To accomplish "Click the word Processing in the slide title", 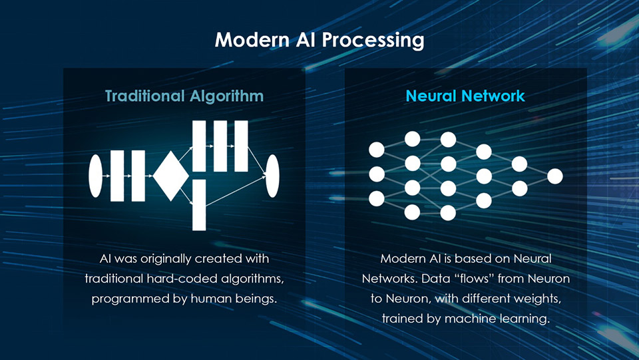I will click(373, 41).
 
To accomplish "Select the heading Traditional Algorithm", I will click(184, 96).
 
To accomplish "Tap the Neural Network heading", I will click(465, 96).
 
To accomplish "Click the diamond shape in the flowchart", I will click(170, 176).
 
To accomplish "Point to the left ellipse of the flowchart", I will click(95, 176).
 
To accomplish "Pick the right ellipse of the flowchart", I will click(272, 176).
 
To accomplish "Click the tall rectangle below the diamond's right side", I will click(199, 204).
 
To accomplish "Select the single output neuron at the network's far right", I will click(555, 176).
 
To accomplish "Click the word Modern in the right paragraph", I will click(401, 258).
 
